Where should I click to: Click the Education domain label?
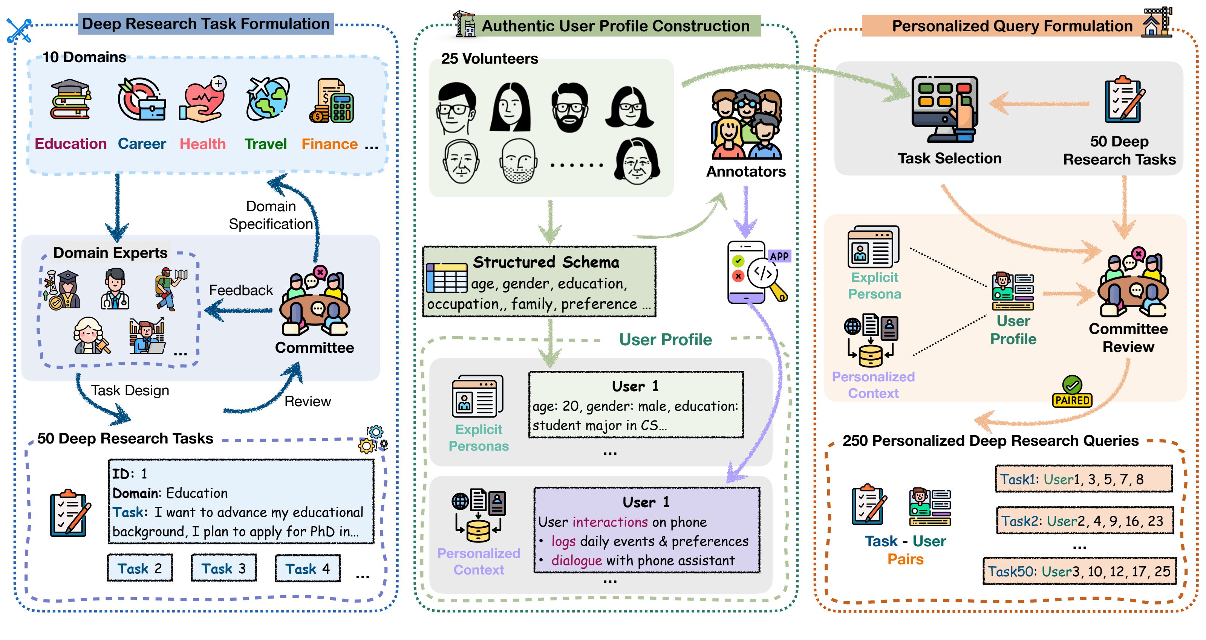[71, 144]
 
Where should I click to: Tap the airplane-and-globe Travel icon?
[267, 98]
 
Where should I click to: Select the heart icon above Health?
[203, 99]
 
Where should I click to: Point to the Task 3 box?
[224, 568]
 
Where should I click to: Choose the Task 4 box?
[308, 568]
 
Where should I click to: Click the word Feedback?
[241, 290]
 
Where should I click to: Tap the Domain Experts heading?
[110, 253]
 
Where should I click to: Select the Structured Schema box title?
[546, 262]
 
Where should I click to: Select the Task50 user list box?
[1079, 571]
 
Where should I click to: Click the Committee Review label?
[1128, 338]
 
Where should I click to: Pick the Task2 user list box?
[1084, 521]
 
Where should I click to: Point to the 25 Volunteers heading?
[489, 58]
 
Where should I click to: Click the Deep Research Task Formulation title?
[206, 24]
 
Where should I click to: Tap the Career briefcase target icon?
[142, 99]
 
